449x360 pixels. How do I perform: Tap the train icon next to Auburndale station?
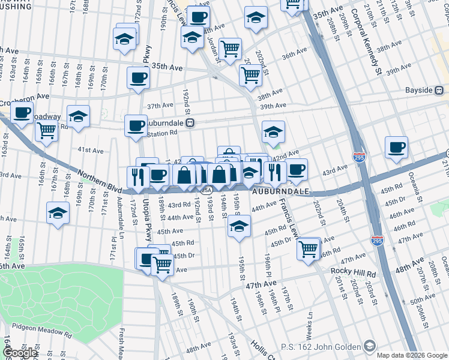coord(190,122)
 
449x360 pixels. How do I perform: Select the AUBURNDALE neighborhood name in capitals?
coord(280,191)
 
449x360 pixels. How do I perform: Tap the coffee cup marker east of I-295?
coord(396,148)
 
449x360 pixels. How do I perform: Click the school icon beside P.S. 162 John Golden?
coord(370,346)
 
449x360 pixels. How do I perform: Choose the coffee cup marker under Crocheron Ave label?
coord(22,113)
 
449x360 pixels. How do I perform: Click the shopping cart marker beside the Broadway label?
coord(46,130)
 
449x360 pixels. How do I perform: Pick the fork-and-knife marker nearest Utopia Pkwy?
coord(137,176)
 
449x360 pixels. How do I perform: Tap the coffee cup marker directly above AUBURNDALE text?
coord(296,170)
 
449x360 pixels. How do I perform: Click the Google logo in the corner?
coord(20,353)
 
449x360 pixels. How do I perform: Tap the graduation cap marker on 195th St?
coord(239,227)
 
